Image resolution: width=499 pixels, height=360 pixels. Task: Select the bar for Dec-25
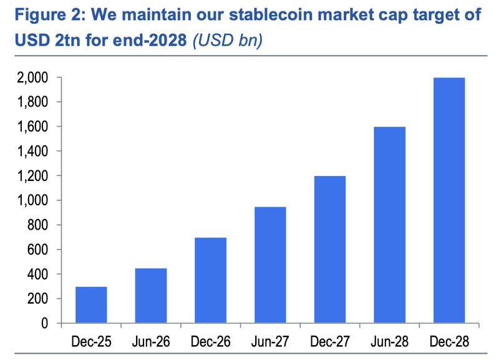click(x=91, y=305)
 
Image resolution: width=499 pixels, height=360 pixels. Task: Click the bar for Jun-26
click(x=151, y=296)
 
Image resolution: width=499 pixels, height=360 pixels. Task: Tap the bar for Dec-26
click(x=211, y=281)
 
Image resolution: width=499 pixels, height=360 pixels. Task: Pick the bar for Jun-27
click(x=271, y=265)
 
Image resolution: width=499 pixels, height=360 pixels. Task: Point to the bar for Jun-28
click(x=390, y=225)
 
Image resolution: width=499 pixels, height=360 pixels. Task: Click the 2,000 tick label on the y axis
click(x=32, y=78)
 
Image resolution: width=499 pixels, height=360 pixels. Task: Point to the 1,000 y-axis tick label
click(x=32, y=201)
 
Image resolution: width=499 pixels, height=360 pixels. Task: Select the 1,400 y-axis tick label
click(x=32, y=152)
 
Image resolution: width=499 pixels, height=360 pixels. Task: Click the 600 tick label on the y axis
click(x=37, y=250)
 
